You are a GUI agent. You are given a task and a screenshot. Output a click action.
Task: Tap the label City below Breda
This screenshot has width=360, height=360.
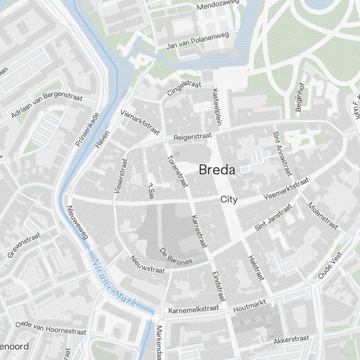(x=229, y=199)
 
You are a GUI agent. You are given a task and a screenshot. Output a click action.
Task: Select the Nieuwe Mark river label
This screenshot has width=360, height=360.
(x=114, y=283)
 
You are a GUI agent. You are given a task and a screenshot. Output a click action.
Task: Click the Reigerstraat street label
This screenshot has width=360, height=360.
(x=193, y=136)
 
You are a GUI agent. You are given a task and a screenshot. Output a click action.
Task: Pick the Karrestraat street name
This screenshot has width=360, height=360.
(x=200, y=232)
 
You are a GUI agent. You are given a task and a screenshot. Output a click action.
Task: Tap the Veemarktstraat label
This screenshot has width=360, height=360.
(x=286, y=189)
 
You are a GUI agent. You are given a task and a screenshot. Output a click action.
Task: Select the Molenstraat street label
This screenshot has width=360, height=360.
(x=323, y=216)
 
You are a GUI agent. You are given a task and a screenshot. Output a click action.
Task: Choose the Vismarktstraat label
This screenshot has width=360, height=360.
(x=140, y=122)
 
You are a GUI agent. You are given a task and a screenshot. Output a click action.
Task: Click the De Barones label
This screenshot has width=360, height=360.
(x=176, y=256)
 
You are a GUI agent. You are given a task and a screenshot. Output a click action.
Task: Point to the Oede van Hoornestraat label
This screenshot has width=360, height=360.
(x=51, y=328)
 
